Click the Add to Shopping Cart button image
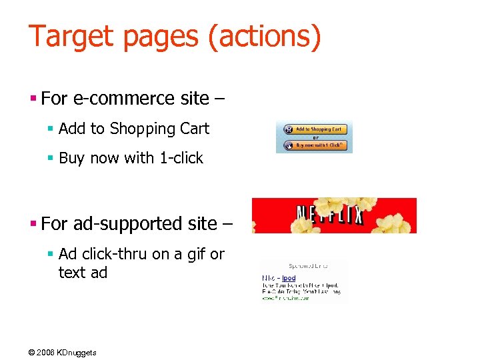click(314, 129)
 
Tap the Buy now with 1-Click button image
click(314, 145)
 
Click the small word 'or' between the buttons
click(315, 137)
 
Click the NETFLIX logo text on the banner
click(329, 215)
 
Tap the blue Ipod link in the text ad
click(288, 278)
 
